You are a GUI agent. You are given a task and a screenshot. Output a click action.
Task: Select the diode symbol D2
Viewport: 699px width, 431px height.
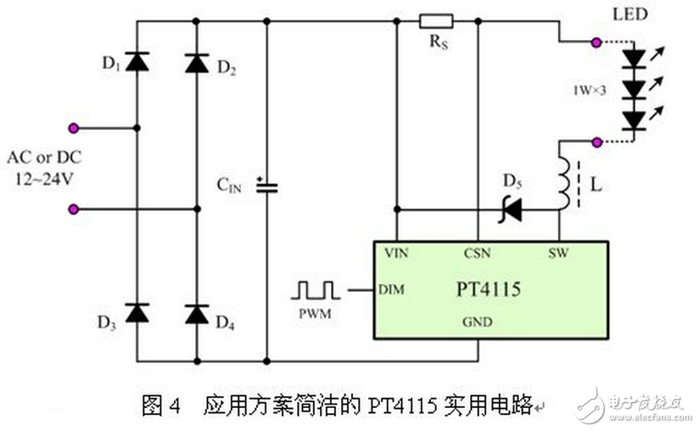[197, 60]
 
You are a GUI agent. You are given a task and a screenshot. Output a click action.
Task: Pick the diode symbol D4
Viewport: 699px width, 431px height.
[197, 313]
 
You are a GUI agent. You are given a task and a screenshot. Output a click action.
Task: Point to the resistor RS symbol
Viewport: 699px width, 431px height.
[436, 21]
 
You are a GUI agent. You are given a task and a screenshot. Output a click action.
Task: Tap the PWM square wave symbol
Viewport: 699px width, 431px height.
[315, 290]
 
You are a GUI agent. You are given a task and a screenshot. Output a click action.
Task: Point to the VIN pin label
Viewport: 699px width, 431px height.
[397, 253]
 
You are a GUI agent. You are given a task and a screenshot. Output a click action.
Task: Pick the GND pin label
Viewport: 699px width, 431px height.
[478, 322]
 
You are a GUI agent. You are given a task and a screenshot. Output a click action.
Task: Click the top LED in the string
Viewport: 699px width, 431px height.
[633, 58]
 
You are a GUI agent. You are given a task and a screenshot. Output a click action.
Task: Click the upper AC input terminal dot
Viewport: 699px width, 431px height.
[74, 128]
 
